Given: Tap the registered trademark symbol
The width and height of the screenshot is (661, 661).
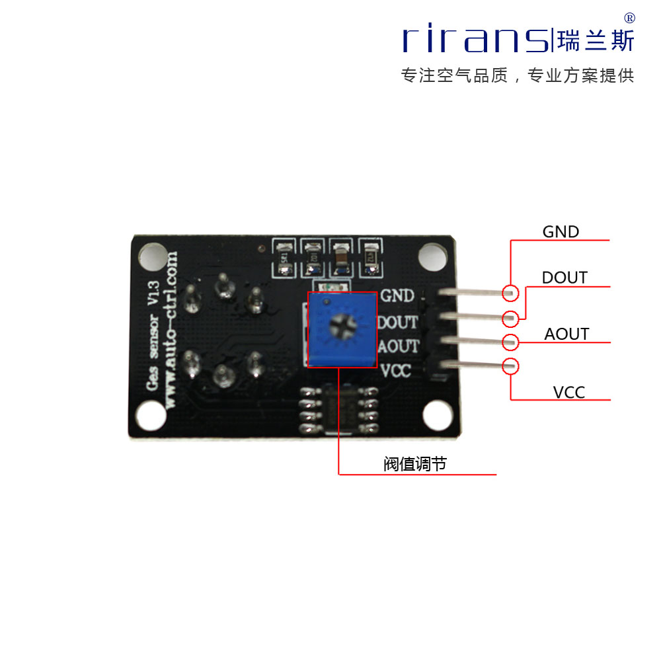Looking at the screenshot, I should (x=629, y=18).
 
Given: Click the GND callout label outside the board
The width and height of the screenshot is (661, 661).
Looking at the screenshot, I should (x=561, y=232).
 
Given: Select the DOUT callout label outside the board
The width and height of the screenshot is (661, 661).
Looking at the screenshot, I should (x=564, y=278).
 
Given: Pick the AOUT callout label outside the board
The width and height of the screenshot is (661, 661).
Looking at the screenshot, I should (x=566, y=334).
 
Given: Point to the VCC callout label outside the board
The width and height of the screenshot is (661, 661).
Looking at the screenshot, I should (x=569, y=393).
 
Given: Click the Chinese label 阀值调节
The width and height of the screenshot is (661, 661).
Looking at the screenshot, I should (x=415, y=465).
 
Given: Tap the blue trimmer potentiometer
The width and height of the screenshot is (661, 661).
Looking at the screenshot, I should (x=342, y=329).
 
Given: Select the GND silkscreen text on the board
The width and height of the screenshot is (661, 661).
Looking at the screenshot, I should (x=397, y=295).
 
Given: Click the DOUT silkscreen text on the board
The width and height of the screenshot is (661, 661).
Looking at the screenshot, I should (x=397, y=322).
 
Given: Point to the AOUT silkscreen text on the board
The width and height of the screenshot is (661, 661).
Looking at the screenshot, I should (x=397, y=346).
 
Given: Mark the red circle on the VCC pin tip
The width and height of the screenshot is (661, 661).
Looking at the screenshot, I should (x=510, y=366).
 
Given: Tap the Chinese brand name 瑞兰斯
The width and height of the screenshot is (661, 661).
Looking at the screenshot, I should (x=596, y=40).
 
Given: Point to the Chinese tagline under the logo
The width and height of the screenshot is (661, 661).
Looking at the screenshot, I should (x=518, y=76).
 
